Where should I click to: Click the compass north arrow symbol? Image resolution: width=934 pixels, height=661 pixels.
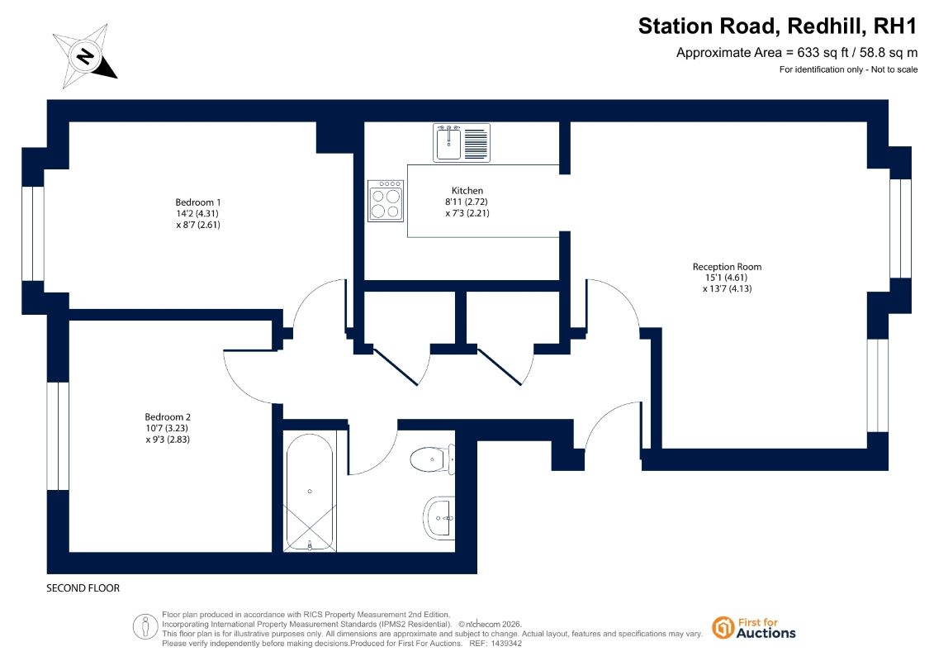(85, 55)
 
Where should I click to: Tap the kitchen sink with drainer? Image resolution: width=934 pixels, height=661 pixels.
(462, 143)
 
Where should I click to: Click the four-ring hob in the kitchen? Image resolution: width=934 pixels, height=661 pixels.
(386, 201)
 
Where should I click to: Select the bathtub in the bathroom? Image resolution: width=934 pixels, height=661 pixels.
(310, 491)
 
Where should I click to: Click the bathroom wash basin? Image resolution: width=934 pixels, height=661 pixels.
(439, 518)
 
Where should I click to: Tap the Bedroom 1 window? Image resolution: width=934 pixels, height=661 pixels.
(33, 233)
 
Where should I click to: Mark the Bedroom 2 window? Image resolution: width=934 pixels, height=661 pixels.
(58, 435)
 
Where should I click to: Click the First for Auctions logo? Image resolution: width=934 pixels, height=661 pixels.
(754, 628)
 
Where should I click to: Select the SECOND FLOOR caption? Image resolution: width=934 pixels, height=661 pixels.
(83, 587)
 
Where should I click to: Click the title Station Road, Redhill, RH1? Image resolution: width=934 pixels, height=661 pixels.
(777, 26)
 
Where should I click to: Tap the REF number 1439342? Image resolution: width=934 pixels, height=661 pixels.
(504, 644)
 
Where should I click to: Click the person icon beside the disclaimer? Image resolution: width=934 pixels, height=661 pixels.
(145, 627)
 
